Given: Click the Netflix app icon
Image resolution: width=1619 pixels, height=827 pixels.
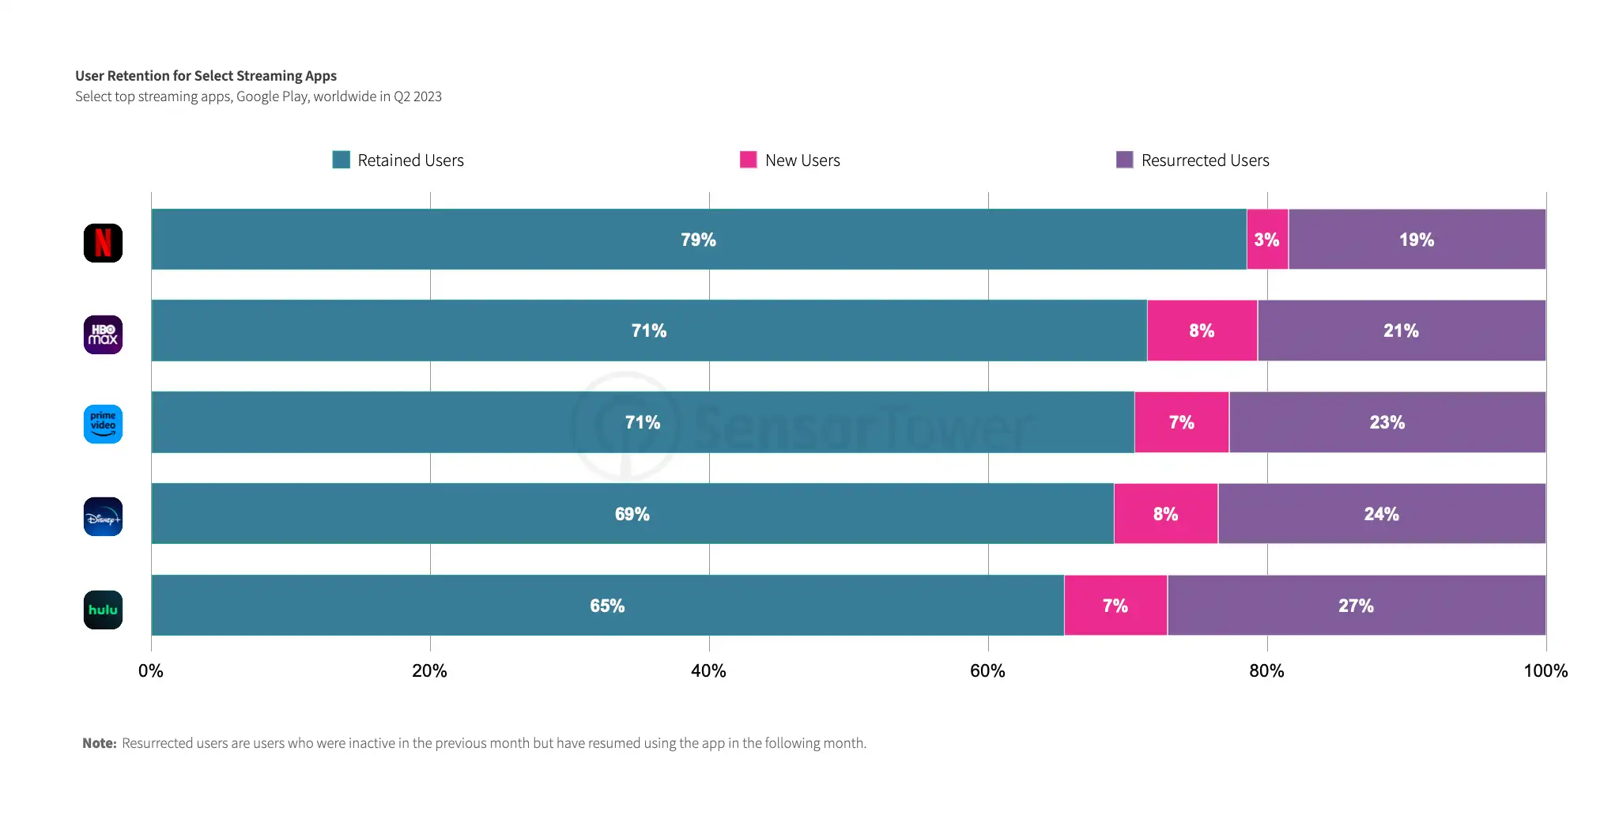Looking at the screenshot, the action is click(103, 243).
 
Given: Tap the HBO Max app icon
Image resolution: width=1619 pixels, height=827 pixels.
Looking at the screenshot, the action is click(103, 334).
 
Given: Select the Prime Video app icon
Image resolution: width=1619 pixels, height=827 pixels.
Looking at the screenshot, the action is click(103, 425).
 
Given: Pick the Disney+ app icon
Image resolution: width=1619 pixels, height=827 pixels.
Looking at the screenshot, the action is click(103, 516).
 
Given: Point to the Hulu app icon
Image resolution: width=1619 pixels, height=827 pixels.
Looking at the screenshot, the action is click(103, 610).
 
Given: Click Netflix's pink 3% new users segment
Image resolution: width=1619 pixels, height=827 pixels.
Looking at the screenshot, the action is click(1267, 240).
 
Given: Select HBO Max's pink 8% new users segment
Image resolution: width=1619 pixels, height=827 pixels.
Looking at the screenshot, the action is click(1202, 330).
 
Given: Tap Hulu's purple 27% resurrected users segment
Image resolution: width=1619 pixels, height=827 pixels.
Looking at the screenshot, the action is click(1357, 606).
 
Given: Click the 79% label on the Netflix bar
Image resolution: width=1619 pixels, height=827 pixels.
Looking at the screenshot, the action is click(698, 240).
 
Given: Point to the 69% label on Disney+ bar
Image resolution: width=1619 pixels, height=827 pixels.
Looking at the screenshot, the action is click(632, 514).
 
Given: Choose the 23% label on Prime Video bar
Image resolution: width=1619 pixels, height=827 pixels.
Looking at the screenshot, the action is click(1387, 422).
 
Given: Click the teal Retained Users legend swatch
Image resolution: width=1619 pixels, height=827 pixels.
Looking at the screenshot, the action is click(342, 160).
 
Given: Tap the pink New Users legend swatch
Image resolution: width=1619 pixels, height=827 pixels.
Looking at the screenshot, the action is click(749, 160).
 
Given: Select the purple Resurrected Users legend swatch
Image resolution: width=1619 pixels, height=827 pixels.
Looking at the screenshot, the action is click(1125, 160).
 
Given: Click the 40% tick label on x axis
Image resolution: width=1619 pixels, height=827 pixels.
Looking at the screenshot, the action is click(708, 671).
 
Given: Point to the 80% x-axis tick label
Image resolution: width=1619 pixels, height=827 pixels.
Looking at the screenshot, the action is click(1266, 671).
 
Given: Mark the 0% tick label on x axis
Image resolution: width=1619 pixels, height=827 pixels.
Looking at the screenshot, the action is click(151, 671).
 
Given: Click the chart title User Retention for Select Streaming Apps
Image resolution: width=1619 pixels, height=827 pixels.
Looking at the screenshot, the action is click(206, 76).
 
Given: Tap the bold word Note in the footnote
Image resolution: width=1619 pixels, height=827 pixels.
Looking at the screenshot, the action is click(99, 743).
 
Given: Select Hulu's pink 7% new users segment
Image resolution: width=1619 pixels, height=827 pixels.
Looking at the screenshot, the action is click(1115, 606).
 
